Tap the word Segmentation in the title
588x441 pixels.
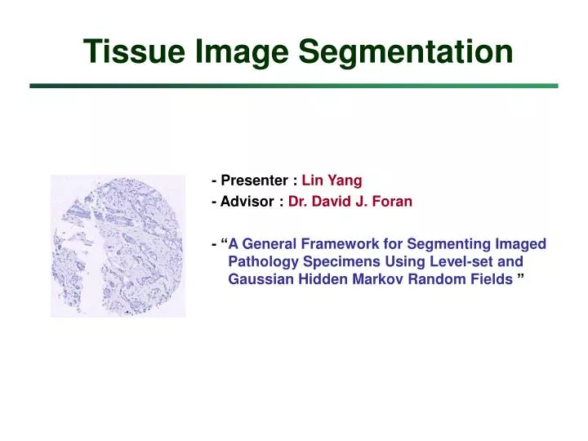point(406,51)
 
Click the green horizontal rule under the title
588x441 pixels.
point(294,85)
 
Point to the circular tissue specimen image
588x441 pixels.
point(118,246)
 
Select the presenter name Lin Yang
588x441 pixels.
point(332,181)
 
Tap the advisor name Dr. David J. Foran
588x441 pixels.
point(350,202)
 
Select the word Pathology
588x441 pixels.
point(257,262)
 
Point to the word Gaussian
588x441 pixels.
point(256,280)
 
